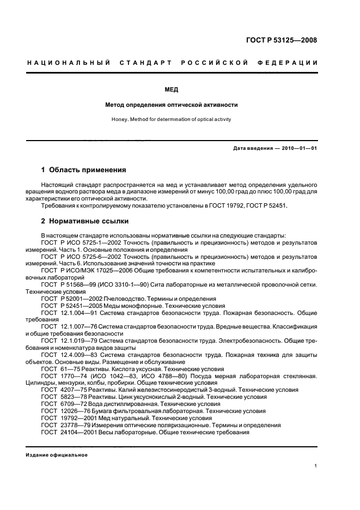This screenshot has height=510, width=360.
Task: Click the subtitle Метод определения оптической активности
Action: click(172, 105)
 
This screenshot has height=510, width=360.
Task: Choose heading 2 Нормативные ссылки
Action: click(85, 222)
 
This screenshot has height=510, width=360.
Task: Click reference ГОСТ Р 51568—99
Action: click(68, 284)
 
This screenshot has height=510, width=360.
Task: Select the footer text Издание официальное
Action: click(57, 454)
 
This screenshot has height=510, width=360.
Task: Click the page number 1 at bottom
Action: click(316, 466)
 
